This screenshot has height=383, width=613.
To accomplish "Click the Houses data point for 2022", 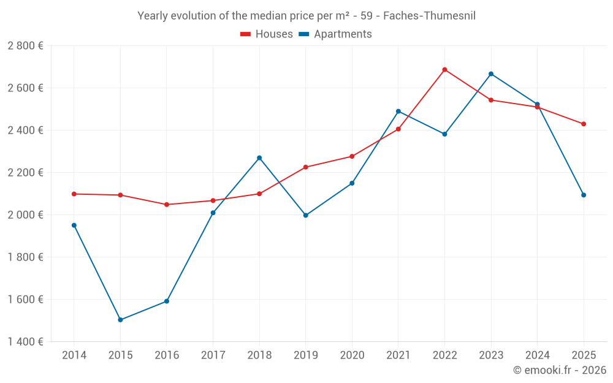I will [444, 70].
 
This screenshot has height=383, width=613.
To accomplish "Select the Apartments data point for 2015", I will [120, 320].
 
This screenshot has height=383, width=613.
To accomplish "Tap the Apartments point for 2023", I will [491, 74].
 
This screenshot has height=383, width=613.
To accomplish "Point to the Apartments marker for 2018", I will [259, 158].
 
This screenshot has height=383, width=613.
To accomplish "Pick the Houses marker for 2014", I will [74, 194].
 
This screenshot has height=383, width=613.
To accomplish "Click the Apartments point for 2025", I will [584, 195].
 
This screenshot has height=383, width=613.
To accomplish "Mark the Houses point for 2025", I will [584, 124].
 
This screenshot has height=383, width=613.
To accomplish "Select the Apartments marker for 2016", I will [167, 301].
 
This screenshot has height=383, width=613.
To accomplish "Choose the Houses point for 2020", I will [352, 156].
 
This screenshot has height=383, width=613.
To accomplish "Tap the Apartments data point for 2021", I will [398, 112].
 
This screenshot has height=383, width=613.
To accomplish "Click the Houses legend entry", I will [267, 34].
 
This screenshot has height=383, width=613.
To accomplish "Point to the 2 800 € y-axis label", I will [25, 46].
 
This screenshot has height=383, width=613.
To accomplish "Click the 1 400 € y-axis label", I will [25, 342].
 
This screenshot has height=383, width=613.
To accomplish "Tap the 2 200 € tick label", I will [25, 173].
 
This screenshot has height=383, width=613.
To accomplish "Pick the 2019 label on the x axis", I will [305, 355].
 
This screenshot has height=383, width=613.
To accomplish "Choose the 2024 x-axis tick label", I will [537, 355].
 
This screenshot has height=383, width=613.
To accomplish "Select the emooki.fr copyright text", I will [559, 370].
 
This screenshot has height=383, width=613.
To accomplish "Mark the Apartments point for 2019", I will [305, 215].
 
